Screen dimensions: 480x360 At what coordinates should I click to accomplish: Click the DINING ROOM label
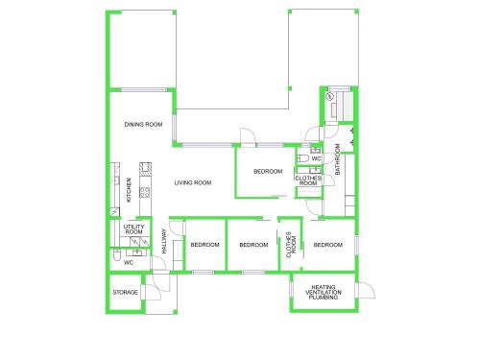pos(143,125)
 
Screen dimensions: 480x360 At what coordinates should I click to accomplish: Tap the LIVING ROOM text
pos(193,182)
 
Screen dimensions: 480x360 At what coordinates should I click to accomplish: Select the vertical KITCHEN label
pos(129,190)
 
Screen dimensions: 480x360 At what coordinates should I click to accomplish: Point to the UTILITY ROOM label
pos(134,229)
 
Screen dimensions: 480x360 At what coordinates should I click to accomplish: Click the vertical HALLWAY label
pos(164,241)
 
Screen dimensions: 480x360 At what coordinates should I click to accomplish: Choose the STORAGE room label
pos(125,293)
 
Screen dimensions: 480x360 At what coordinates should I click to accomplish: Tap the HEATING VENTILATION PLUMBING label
pos(324,292)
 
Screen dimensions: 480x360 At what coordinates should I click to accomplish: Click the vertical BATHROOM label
pos(337,159)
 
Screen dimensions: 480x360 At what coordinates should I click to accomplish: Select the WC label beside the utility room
pos(129,263)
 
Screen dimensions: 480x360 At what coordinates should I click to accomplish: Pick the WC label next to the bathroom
pos(316,158)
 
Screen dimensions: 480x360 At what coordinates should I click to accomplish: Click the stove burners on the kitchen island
pos(145,192)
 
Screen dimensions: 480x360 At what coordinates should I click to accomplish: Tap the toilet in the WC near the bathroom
pos(302,158)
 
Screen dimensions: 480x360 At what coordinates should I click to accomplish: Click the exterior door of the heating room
pos(367,291)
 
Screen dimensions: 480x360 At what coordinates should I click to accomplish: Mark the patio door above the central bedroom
pos(248,137)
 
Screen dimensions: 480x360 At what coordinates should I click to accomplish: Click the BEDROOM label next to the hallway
pos(204,245)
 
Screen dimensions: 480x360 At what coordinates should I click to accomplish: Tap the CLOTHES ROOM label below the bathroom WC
pos(308,180)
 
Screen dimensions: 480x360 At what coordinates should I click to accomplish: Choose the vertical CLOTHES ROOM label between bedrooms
pos(291,245)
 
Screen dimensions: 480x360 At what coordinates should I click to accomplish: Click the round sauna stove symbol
pos(329,96)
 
